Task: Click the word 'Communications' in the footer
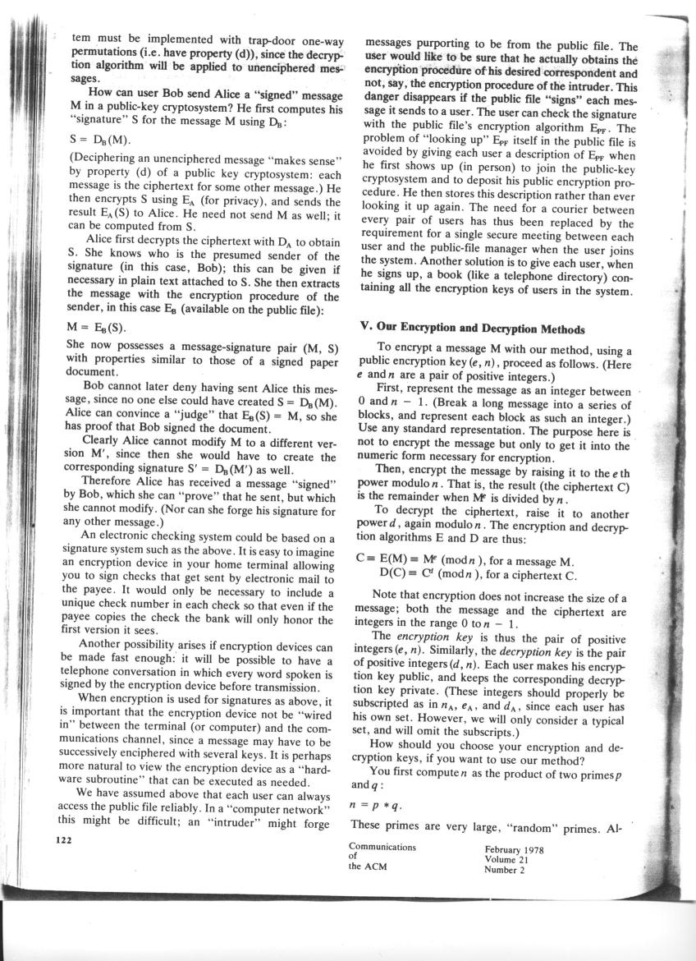[x=382, y=847]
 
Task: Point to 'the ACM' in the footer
[x=368, y=866]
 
